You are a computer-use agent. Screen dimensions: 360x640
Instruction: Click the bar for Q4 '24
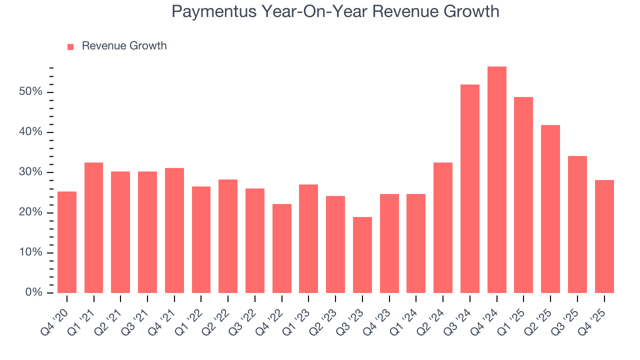496,180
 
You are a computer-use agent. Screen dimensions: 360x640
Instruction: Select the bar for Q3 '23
362,255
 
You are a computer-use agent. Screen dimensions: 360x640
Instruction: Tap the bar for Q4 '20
67,242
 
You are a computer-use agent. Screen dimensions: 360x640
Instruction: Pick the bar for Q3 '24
469,189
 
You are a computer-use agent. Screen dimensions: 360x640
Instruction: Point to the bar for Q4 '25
604,236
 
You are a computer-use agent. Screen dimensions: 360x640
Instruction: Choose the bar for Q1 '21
93,227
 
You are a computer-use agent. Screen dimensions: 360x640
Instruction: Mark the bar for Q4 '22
281,248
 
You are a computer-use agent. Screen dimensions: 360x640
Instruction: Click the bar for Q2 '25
550,209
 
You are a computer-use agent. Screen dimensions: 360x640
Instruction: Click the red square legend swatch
70,46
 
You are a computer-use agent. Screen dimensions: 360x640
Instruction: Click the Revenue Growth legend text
124,46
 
